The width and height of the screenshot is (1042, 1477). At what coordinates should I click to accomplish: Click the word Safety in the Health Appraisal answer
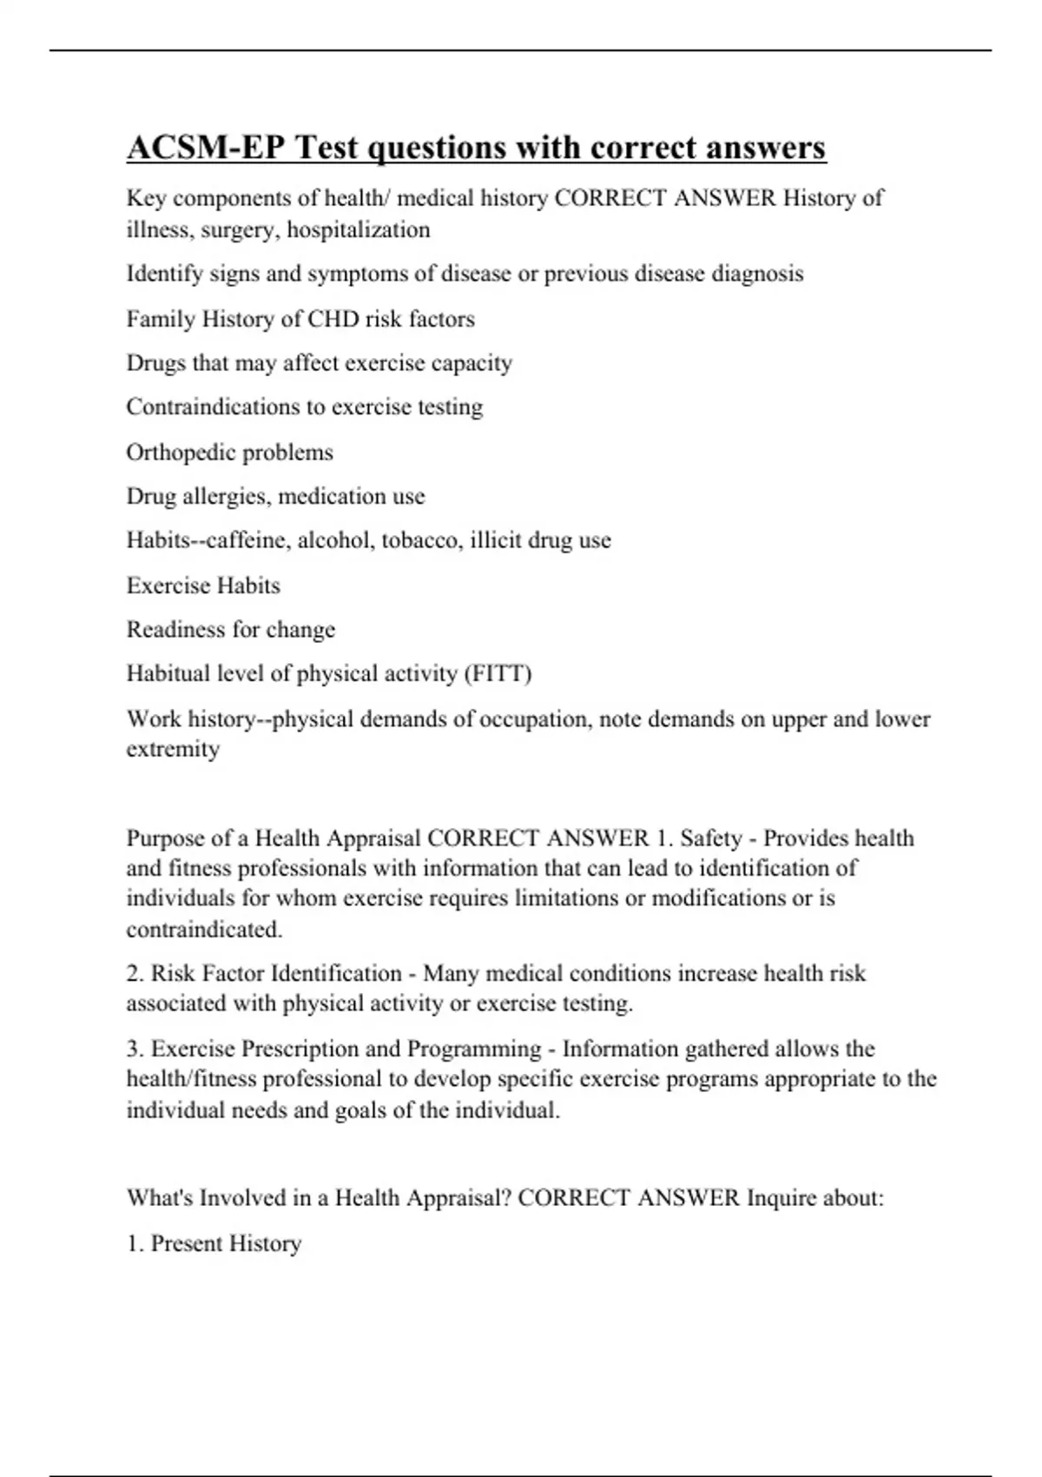point(711,838)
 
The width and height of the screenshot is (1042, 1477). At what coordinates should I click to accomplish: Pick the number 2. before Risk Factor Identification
point(135,973)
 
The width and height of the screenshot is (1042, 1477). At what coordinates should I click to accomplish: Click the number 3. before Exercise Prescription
point(135,1049)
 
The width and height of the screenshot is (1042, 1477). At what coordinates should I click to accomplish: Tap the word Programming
point(474,1049)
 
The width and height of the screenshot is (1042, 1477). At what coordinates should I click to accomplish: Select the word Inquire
point(781,1198)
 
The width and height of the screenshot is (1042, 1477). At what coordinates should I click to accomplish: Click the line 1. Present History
point(214,1243)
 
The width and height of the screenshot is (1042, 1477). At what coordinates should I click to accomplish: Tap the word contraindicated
point(204,930)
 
